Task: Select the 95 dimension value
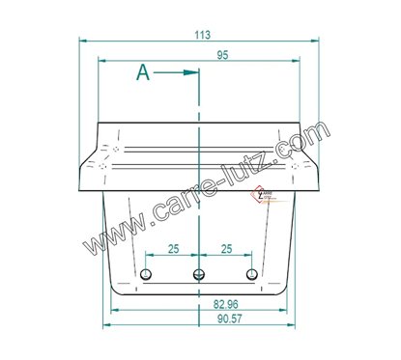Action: pos(223,56)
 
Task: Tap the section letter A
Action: pos(143,72)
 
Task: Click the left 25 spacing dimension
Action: pos(173,249)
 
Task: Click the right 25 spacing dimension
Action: pos(226,249)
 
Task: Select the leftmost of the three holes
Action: pos(145,274)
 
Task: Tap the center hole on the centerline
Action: pos(198,274)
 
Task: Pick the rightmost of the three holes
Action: pos(251,274)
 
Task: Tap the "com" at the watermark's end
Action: pos(306,135)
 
